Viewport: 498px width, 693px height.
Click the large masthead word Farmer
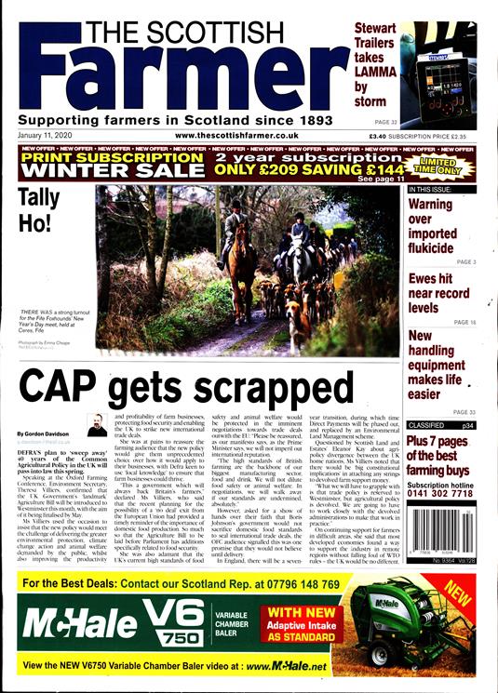tap(177, 74)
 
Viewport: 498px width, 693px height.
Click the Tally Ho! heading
tap(40, 212)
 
